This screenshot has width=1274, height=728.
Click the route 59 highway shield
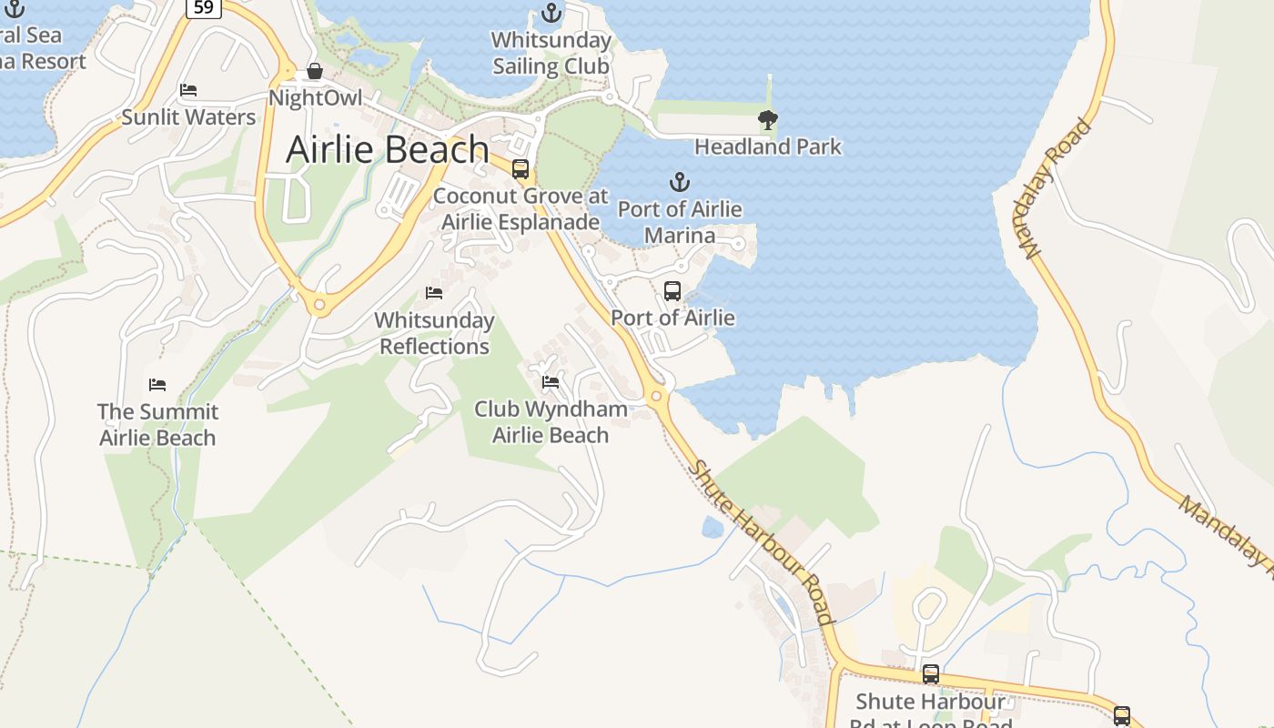pos(205,8)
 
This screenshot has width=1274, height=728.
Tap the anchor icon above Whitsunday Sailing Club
pos(551,13)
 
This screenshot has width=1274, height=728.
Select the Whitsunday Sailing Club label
pos(551,53)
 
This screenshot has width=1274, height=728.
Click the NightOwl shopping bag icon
pos(315,71)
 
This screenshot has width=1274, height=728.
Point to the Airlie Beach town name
pos(388,150)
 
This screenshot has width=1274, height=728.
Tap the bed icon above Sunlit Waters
pos(188,90)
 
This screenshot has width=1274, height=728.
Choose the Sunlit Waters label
pos(188,116)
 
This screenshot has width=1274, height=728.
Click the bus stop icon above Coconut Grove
pos(521,168)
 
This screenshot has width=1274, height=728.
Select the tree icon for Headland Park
pos(768,119)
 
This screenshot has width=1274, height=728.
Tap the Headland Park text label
pos(768,147)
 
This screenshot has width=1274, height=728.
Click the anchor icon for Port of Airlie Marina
pos(679,182)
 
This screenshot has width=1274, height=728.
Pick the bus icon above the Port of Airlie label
pos(672,291)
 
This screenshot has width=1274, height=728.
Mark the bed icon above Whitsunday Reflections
pos(434,293)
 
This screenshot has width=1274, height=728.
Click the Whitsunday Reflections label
pos(434,333)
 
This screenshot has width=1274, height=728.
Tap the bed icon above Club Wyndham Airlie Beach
pos(550,382)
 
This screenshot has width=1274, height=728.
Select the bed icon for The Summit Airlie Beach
pos(157,385)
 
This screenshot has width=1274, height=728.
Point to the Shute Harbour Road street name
pos(763,542)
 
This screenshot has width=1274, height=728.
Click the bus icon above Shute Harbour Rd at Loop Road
pos(930,674)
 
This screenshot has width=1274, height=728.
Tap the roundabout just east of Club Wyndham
pos(656,396)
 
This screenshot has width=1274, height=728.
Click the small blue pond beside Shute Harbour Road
pos(713,527)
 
